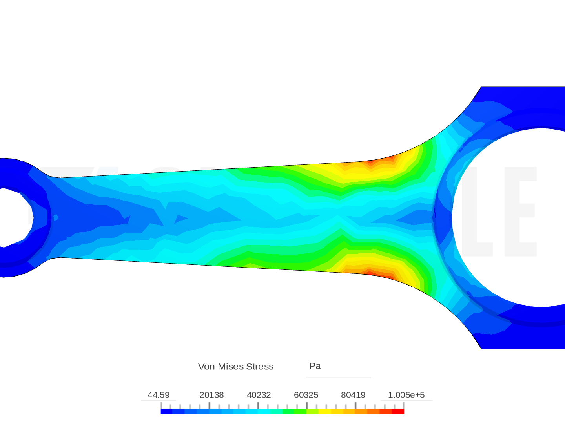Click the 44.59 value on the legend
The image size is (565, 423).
click(159, 395)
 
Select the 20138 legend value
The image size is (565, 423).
click(211, 395)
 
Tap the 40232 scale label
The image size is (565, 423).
click(259, 395)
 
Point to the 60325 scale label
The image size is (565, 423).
click(306, 395)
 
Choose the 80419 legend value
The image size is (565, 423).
click(353, 395)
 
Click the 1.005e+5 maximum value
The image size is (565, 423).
click(406, 395)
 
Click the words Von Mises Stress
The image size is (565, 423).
click(236, 367)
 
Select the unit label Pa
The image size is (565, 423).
click(315, 366)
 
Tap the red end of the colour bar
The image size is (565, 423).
click(399, 411)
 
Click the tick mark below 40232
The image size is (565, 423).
click(258, 403)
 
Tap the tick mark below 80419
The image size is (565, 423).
click(355, 403)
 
